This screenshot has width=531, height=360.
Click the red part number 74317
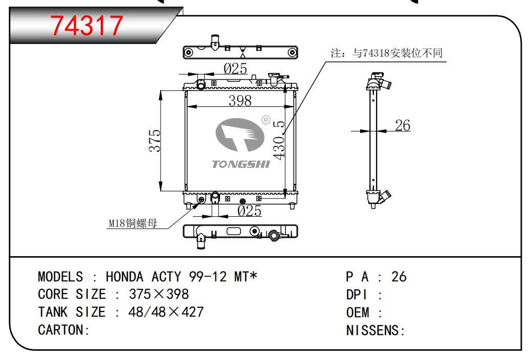(x=86, y=26)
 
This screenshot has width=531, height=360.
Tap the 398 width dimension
(x=240, y=101)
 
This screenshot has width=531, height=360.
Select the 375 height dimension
(x=155, y=140)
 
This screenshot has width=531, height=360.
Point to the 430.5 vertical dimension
(x=279, y=140)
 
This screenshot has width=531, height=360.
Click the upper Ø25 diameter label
(x=235, y=69)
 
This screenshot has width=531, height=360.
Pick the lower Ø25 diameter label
(x=249, y=211)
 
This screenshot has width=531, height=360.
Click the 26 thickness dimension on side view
(x=402, y=125)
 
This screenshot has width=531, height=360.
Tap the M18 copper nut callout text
(x=133, y=223)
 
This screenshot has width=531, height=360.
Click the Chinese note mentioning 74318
(x=387, y=53)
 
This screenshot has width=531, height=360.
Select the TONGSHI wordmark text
(x=241, y=164)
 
